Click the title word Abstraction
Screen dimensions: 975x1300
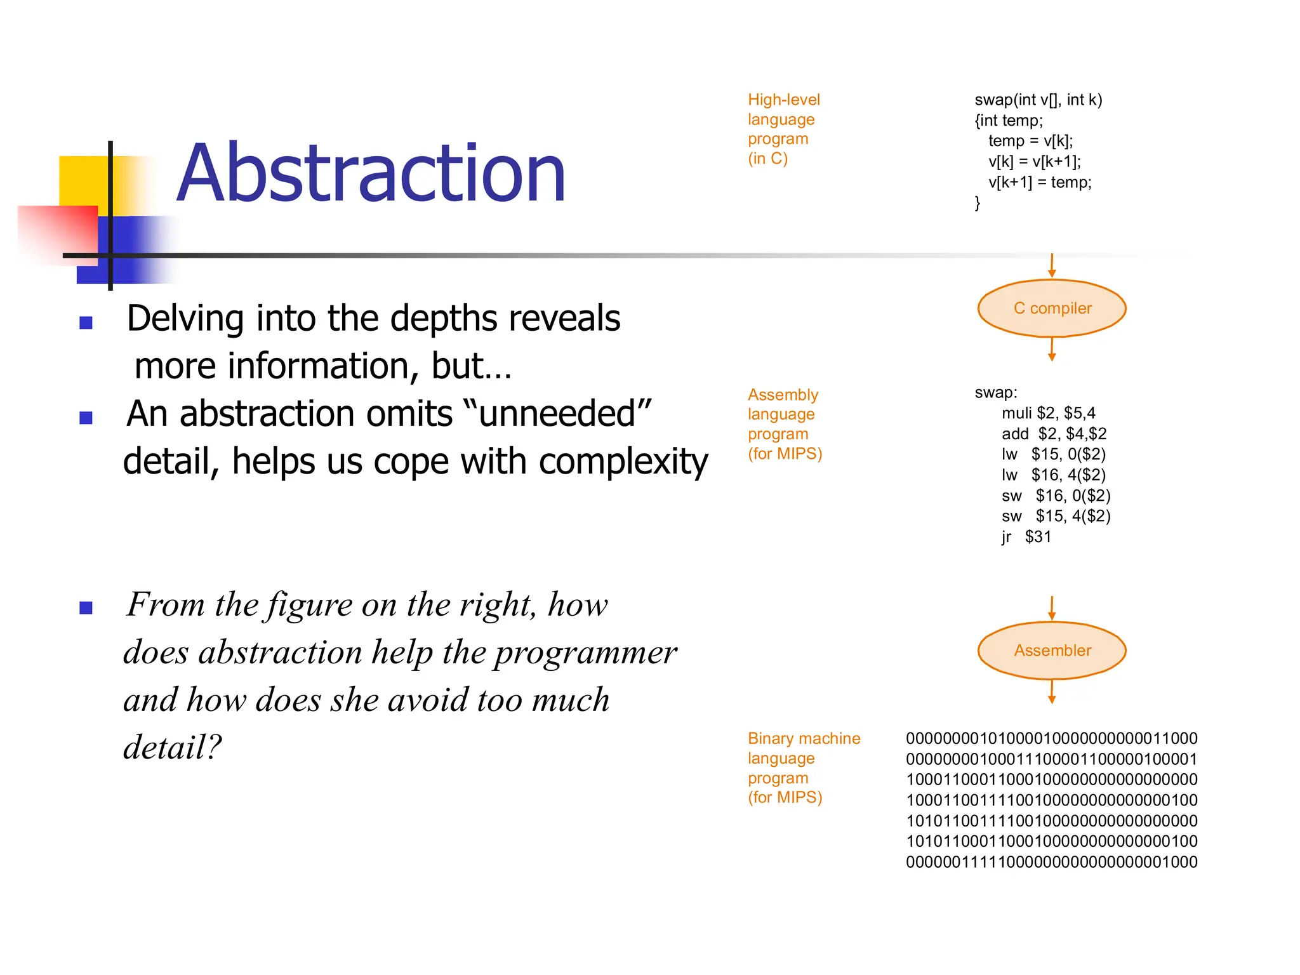pyautogui.click(x=371, y=173)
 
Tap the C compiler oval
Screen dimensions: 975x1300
pyautogui.click(x=1052, y=308)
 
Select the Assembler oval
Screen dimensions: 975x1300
pyautogui.click(x=1052, y=651)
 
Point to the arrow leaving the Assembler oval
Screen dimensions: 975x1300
pyautogui.click(x=1052, y=691)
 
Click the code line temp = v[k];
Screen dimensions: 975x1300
pyautogui.click(x=1030, y=141)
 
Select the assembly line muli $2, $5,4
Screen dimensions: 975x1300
pyautogui.click(x=1048, y=413)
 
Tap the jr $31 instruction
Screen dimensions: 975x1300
pyautogui.click(x=1026, y=537)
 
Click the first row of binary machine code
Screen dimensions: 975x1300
pyautogui.click(x=1051, y=739)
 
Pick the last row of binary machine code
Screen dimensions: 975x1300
pyautogui.click(x=1051, y=862)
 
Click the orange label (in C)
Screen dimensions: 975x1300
pyautogui.click(x=767, y=159)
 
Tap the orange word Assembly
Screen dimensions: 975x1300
pyautogui.click(x=783, y=395)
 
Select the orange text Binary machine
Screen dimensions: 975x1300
pyautogui.click(x=804, y=739)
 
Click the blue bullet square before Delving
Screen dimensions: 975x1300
pyautogui.click(x=86, y=323)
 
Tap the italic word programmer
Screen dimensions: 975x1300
pyautogui.click(x=585, y=653)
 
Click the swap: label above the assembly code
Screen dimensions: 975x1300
pyautogui.click(x=995, y=393)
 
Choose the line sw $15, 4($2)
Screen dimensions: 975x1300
pyautogui.click(x=1056, y=516)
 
